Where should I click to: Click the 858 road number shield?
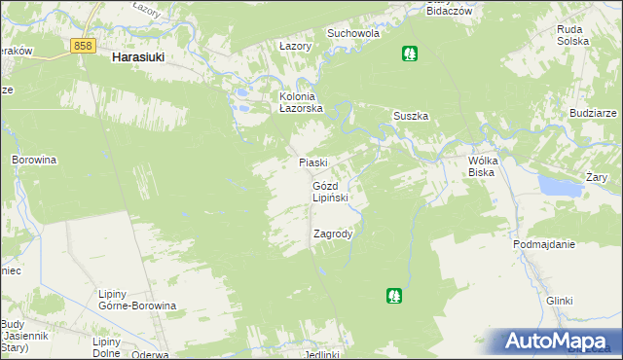pyautogui.click(x=83, y=45)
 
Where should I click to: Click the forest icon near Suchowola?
pyautogui.click(x=409, y=54)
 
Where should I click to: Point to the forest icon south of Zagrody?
pyautogui.click(x=393, y=294)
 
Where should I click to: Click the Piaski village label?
pyautogui.click(x=312, y=162)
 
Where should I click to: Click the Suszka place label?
pyautogui.click(x=411, y=116)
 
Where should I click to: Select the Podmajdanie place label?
pyautogui.click(x=544, y=245)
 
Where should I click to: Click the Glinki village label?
pyautogui.click(x=559, y=301)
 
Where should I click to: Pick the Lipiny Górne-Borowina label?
pyautogui.click(x=137, y=299)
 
